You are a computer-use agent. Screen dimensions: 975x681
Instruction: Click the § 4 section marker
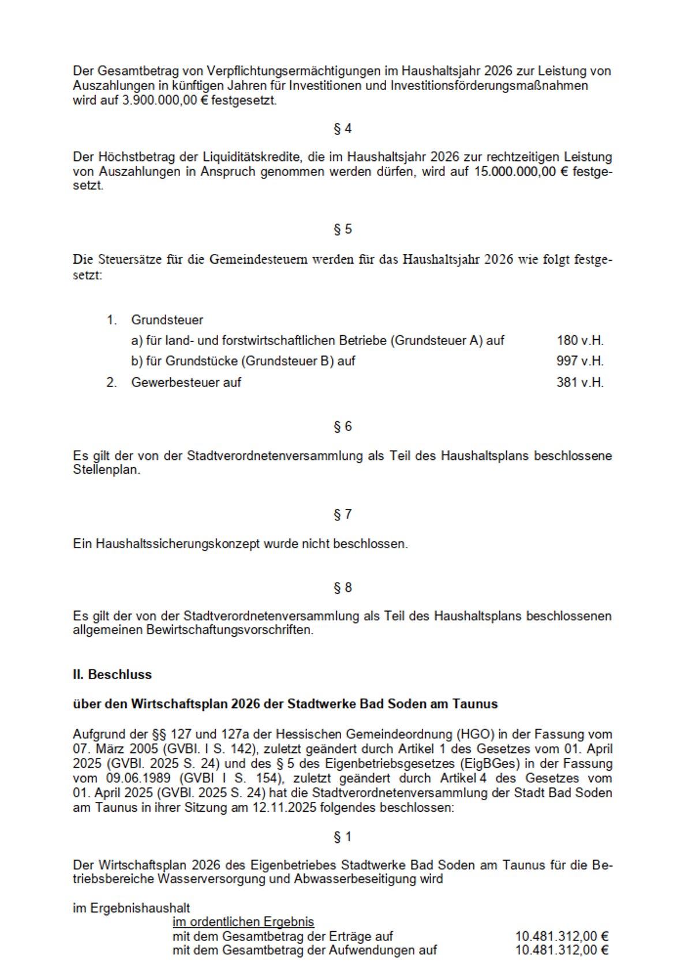[342, 129]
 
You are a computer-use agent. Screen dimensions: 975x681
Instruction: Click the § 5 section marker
[342, 229]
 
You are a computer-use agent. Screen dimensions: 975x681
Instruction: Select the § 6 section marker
[342, 426]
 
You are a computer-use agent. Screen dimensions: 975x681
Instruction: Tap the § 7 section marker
[342, 514]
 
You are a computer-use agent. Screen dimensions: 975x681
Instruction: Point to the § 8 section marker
[342, 587]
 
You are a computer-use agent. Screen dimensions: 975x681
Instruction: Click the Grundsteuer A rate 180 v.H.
[579, 340]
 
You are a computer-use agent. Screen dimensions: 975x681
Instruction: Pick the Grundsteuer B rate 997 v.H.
[579, 361]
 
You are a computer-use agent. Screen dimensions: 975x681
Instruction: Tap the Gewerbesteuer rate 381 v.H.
[579, 382]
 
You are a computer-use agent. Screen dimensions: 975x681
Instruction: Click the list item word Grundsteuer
[167, 320]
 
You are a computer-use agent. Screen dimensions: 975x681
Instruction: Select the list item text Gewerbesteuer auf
[186, 382]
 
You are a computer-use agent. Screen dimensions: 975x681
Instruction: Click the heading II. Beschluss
[112, 674]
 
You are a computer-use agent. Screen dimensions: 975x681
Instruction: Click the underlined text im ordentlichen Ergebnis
[243, 922]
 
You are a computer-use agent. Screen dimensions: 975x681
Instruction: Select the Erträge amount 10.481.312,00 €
[562, 936]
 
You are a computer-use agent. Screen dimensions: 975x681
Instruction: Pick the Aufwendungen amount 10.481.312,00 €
[562, 950]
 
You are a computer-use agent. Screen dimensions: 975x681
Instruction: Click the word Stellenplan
[106, 470]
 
